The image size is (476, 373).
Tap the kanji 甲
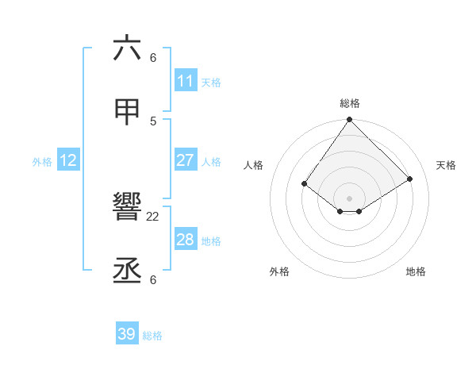[x=127, y=112]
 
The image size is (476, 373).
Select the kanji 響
[x=127, y=209]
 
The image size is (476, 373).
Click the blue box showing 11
[x=185, y=81]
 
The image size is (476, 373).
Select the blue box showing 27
[x=185, y=160]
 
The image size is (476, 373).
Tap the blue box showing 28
[x=185, y=240]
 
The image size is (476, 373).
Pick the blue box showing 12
[x=68, y=160]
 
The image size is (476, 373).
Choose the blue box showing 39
[x=127, y=334]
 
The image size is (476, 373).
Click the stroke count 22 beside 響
[x=153, y=216]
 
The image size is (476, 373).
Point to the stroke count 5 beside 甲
[x=153, y=121]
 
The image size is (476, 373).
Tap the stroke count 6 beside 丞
[x=153, y=279]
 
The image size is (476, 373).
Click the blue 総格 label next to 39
[x=152, y=336]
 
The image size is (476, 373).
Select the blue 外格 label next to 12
[x=42, y=162]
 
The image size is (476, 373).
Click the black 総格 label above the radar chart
[x=350, y=103]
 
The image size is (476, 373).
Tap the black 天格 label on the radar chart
[x=446, y=165]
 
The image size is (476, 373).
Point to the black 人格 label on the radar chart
[x=254, y=165]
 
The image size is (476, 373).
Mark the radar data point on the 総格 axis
[x=350, y=120]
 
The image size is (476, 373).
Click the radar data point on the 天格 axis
[x=410, y=179]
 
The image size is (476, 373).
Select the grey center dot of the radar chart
[x=350, y=198]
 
